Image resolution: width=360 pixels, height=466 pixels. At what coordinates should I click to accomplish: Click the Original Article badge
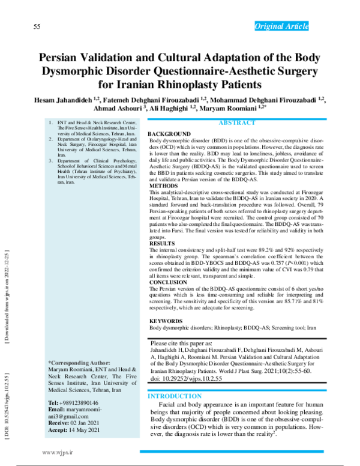(x=281, y=26)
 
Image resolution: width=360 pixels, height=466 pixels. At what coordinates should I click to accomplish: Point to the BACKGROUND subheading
(x=169, y=133)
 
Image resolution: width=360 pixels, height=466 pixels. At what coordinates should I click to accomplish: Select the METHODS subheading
(x=164, y=186)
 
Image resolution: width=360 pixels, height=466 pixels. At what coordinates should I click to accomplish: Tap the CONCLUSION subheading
(x=168, y=282)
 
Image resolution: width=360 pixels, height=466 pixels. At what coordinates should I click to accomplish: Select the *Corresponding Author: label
(x=79, y=363)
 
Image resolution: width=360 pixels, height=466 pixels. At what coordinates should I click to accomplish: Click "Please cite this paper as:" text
(x=181, y=343)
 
